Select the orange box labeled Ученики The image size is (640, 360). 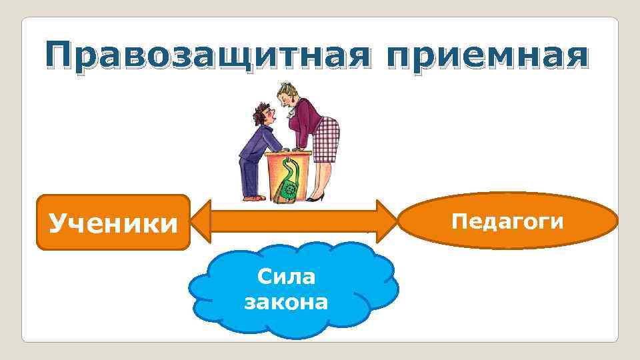(113, 222)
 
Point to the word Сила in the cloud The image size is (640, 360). (287, 277)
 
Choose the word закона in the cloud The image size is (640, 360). (287, 303)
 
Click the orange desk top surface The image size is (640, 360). (290, 155)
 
